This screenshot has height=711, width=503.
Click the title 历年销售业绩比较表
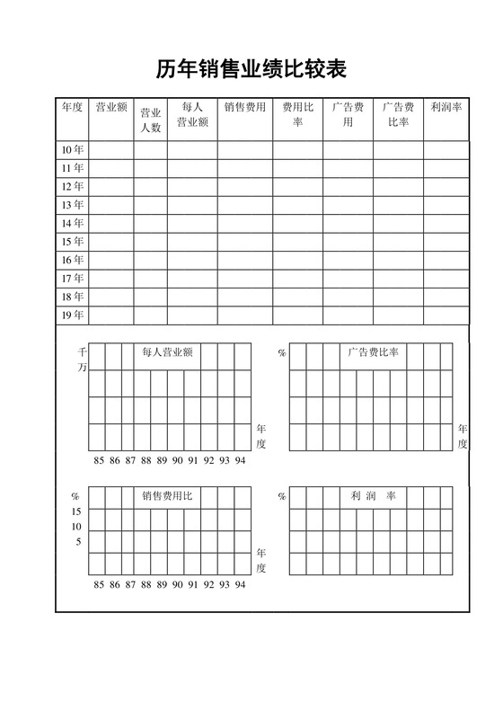[x=251, y=69]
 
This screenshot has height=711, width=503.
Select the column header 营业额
[x=111, y=108]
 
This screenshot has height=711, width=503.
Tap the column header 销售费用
[x=244, y=108]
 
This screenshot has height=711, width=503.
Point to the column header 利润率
[x=446, y=108]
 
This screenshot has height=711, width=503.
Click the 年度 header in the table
[x=73, y=108]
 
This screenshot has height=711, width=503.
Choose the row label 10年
[x=73, y=149]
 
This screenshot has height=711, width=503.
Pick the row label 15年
[x=73, y=242]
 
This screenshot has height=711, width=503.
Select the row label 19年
[x=73, y=315]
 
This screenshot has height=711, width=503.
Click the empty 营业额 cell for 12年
[x=111, y=186]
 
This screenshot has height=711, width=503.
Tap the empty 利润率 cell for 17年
[x=446, y=279]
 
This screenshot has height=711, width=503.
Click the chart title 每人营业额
[x=168, y=352]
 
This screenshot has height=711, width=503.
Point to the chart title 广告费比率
[x=374, y=352]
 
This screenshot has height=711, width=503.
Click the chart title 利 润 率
[x=374, y=496]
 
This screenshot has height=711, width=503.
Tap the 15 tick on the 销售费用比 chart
[x=76, y=511]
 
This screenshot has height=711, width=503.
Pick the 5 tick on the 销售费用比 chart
[x=76, y=542]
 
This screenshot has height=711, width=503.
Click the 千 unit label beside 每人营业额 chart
[x=83, y=352]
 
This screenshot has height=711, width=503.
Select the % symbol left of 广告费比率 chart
[x=281, y=353]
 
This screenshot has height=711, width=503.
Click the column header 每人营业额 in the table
[x=191, y=115]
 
